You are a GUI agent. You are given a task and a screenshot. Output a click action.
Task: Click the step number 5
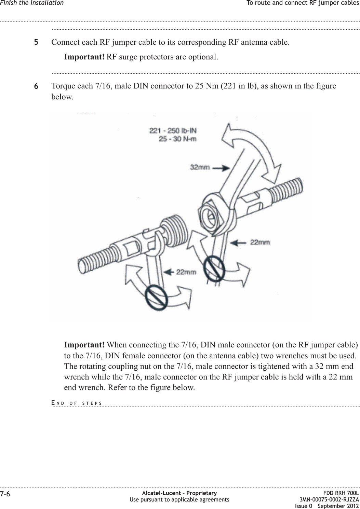[x=36, y=43]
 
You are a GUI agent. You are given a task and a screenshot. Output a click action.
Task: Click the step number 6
[x=36, y=86]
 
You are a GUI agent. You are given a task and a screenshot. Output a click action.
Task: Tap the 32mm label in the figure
[x=200, y=168]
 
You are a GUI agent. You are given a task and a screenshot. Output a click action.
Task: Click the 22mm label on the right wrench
[x=260, y=242]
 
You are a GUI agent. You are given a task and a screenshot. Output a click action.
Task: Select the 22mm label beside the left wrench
[x=186, y=272]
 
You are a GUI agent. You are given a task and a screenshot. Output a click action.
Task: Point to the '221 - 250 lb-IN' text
[x=173, y=131]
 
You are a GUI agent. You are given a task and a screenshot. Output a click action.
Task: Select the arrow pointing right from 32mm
[x=221, y=168]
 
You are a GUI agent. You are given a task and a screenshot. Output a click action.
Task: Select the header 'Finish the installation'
[x=32, y=3]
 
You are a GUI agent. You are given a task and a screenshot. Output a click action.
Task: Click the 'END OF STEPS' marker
[x=77, y=403]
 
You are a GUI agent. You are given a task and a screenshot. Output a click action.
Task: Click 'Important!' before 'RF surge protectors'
[x=84, y=56]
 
